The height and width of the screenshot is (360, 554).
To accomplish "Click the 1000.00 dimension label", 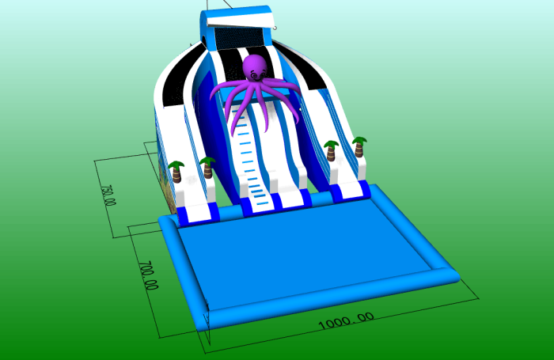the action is [x=347, y=320].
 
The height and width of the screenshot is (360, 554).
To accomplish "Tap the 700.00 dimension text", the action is [x=148, y=275].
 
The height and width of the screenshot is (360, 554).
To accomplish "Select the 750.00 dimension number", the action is [x=108, y=195].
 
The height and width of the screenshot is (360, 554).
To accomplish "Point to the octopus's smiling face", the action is [x=258, y=75].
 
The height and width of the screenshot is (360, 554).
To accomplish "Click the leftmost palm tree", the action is [x=176, y=172].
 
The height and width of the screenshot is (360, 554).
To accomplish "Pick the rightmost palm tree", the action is [x=359, y=146].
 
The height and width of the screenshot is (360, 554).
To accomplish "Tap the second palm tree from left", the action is [x=207, y=168].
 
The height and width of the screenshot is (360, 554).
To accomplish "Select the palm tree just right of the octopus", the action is [x=331, y=151].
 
